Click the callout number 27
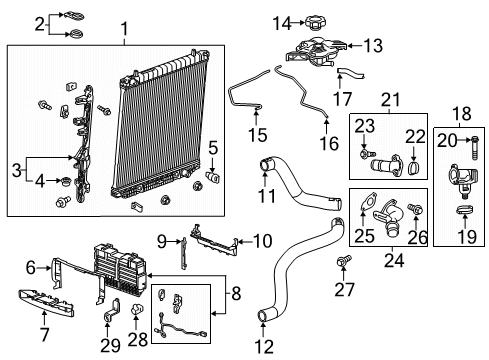[x=345, y=291]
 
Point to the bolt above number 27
[x=345, y=263]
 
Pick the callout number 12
[x=263, y=345]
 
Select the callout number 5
[x=211, y=151]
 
